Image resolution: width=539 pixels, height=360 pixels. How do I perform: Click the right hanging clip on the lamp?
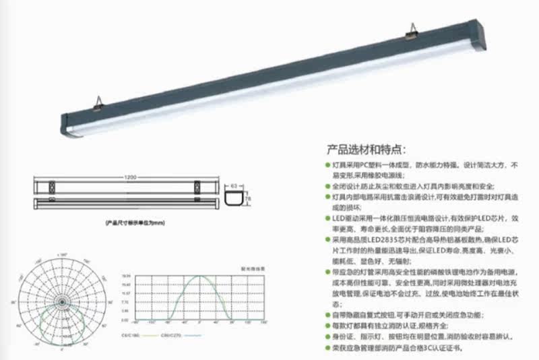click(413, 29)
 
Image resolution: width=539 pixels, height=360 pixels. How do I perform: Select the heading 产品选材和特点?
click(367, 149)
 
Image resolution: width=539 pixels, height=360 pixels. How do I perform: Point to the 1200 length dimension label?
click(130, 177)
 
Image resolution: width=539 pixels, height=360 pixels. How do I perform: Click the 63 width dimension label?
click(234, 182)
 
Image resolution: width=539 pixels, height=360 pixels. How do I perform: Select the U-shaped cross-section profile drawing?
click(235, 197)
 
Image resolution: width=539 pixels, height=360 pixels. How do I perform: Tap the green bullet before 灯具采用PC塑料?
click(328, 165)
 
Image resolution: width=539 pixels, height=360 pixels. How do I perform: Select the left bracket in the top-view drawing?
click(53, 184)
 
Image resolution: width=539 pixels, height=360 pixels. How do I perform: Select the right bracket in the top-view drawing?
click(198, 184)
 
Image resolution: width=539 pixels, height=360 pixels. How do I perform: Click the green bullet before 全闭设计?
click(328, 186)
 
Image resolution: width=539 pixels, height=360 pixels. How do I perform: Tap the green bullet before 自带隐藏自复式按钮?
click(328, 316)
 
